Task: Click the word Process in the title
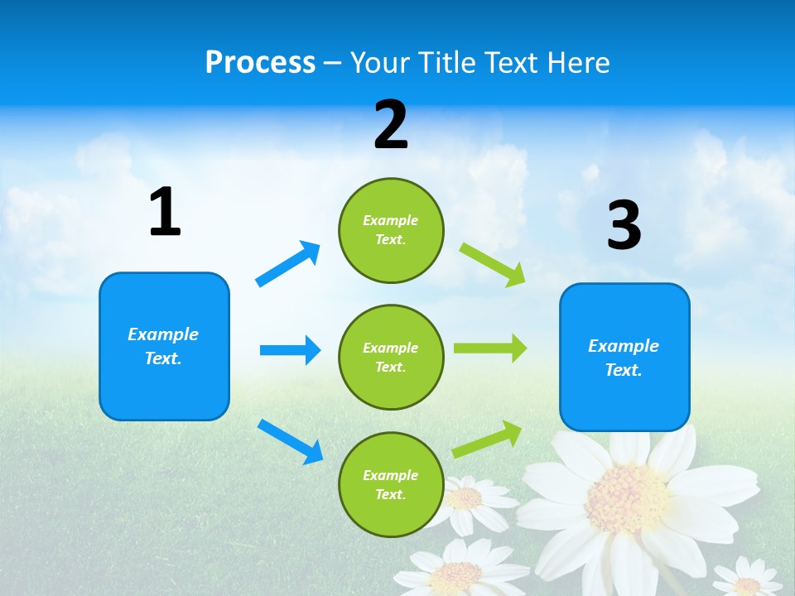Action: coord(260,63)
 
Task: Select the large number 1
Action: coord(165,213)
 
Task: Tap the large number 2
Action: coord(391,125)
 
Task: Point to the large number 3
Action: coord(624,226)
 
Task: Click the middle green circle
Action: coord(391,357)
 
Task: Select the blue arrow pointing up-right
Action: coord(287,264)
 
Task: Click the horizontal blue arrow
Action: coord(290,350)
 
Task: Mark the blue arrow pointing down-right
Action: coord(290,441)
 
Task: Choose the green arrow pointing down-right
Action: coord(493,264)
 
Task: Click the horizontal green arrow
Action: coord(490,348)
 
